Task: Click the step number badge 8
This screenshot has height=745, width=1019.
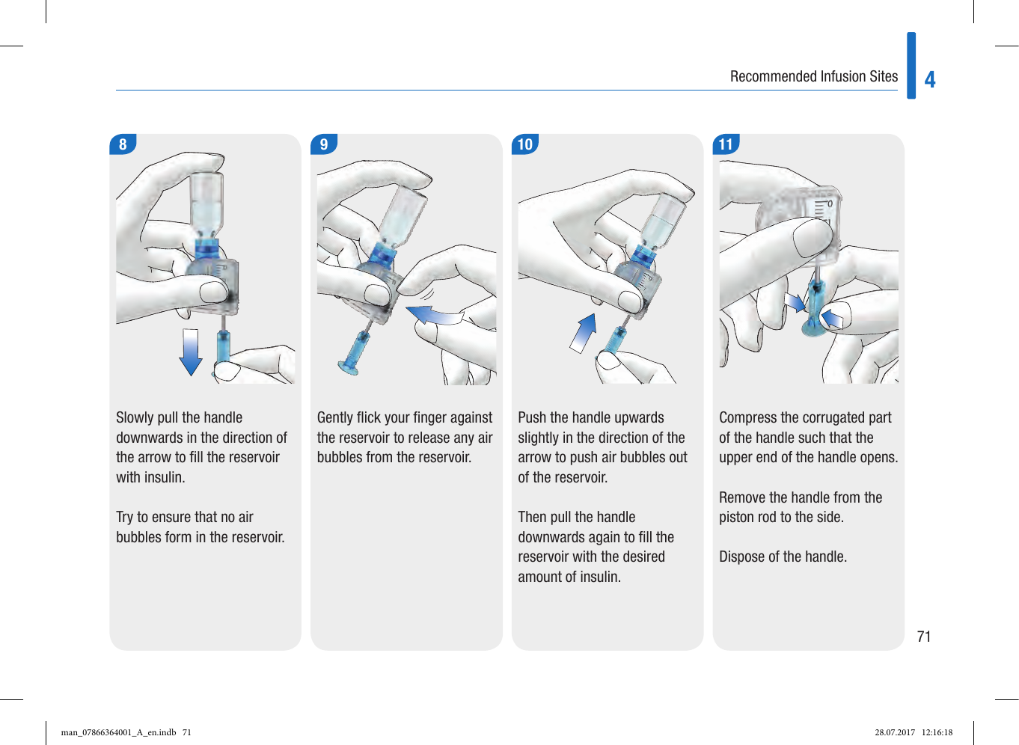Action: tap(123, 144)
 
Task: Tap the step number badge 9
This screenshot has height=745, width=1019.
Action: tap(324, 144)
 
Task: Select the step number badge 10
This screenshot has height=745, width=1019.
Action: tap(525, 144)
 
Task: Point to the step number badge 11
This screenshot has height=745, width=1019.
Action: tap(726, 144)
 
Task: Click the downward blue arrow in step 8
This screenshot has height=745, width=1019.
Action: tap(191, 352)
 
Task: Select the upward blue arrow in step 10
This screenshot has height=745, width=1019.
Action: tap(584, 332)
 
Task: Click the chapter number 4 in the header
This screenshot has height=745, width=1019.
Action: tap(930, 80)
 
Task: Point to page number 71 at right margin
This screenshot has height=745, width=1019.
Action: tap(924, 637)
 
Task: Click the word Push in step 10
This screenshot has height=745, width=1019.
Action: tap(532, 417)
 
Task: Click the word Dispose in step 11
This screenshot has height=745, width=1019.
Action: tap(742, 557)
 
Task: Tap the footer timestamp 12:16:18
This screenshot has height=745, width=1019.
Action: tap(937, 732)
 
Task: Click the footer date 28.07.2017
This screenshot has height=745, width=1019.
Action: tap(895, 732)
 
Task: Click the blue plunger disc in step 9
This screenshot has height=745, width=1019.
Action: tap(348, 366)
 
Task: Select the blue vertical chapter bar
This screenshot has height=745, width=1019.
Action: tap(911, 66)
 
